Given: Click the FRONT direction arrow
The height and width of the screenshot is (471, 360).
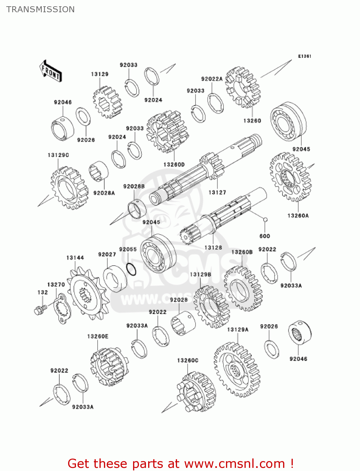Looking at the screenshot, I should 50,71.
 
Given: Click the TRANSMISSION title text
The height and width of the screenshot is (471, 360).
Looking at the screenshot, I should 40,9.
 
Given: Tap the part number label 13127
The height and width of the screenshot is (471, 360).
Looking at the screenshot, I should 217,192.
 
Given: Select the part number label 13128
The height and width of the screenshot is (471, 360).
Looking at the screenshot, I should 213,247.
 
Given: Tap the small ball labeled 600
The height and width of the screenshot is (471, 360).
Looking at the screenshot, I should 265,219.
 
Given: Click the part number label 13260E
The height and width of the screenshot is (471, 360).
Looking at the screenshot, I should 98,336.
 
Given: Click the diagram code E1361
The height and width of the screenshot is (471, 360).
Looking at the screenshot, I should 304,56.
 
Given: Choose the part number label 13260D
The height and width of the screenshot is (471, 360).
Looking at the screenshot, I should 174,165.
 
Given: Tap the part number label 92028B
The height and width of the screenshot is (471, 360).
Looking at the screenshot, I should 134,187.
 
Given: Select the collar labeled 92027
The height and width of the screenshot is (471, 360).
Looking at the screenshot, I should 115,278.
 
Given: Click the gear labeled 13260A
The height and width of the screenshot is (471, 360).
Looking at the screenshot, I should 290,177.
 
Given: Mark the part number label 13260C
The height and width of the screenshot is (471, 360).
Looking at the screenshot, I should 188,360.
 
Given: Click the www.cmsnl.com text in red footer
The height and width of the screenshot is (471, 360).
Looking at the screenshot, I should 234,464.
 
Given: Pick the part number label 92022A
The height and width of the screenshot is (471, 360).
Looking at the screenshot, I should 212,79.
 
